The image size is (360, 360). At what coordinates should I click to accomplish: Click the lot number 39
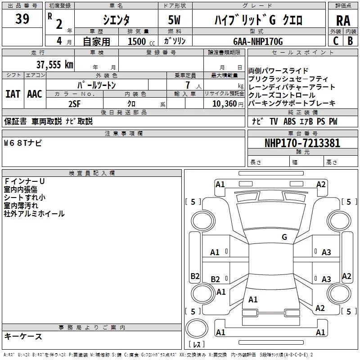click(22, 19)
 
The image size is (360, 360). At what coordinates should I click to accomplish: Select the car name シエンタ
click(116, 19)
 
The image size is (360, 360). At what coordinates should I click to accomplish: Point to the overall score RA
click(343, 20)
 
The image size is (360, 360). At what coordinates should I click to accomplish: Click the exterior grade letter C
click(336, 40)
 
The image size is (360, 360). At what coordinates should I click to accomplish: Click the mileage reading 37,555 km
click(54, 64)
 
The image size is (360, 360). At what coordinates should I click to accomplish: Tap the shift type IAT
click(13, 94)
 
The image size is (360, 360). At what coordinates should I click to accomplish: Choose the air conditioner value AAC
click(35, 94)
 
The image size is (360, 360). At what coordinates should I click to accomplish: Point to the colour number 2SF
click(74, 103)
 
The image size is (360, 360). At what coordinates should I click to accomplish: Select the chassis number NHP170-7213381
click(302, 143)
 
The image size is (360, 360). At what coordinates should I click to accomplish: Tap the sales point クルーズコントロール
click(282, 95)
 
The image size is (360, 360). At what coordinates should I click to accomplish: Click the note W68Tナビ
click(23, 143)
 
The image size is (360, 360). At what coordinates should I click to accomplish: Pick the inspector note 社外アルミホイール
click(34, 214)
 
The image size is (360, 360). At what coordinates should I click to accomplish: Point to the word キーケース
click(23, 337)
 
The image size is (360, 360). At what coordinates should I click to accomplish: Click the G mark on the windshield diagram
click(284, 237)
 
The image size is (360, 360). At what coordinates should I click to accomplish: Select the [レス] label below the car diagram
click(196, 345)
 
